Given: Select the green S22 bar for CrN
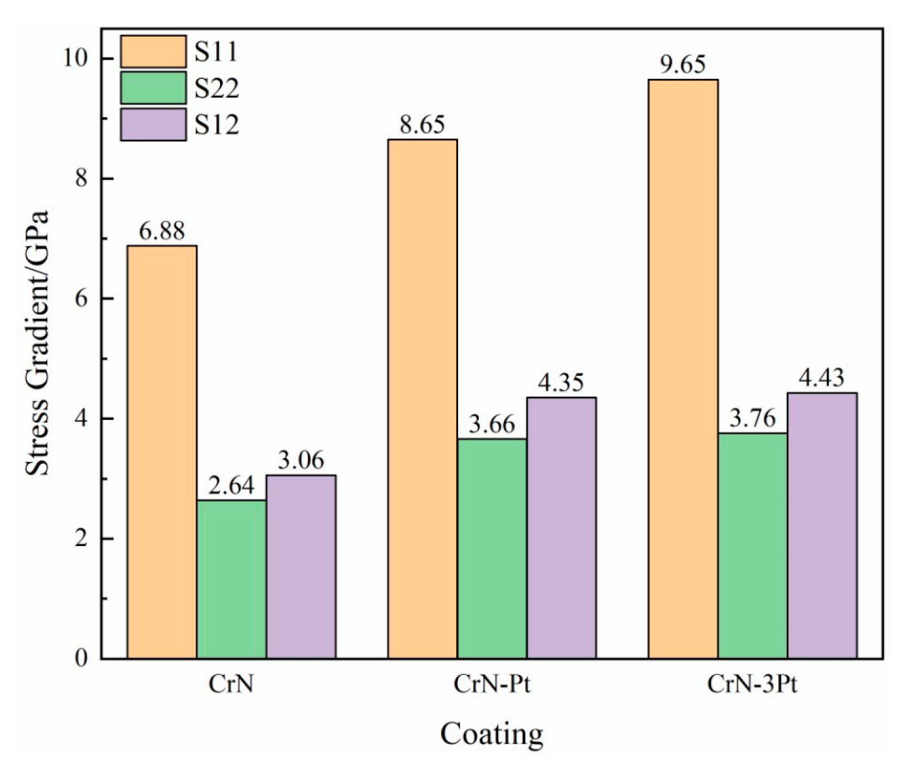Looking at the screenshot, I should (231, 579).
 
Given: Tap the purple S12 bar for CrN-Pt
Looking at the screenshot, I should (561, 527).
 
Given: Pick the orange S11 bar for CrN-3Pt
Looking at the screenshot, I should (683, 369).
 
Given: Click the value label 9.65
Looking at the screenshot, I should (683, 65).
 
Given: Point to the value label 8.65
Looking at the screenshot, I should (422, 125).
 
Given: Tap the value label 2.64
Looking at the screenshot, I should (231, 485).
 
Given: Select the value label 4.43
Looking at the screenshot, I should (821, 378).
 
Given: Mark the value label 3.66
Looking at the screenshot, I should (492, 424).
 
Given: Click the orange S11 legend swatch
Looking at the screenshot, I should (153, 52).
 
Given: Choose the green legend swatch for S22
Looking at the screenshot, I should (153, 88).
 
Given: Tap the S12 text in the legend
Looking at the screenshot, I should (217, 124).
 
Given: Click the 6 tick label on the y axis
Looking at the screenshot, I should (81, 298).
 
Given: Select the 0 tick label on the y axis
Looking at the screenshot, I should (81, 658).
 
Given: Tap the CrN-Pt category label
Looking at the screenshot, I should (492, 684).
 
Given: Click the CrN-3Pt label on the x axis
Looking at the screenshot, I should (752, 684).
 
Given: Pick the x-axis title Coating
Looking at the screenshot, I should (492, 734).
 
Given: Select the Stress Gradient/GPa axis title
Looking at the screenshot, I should (37, 343).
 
